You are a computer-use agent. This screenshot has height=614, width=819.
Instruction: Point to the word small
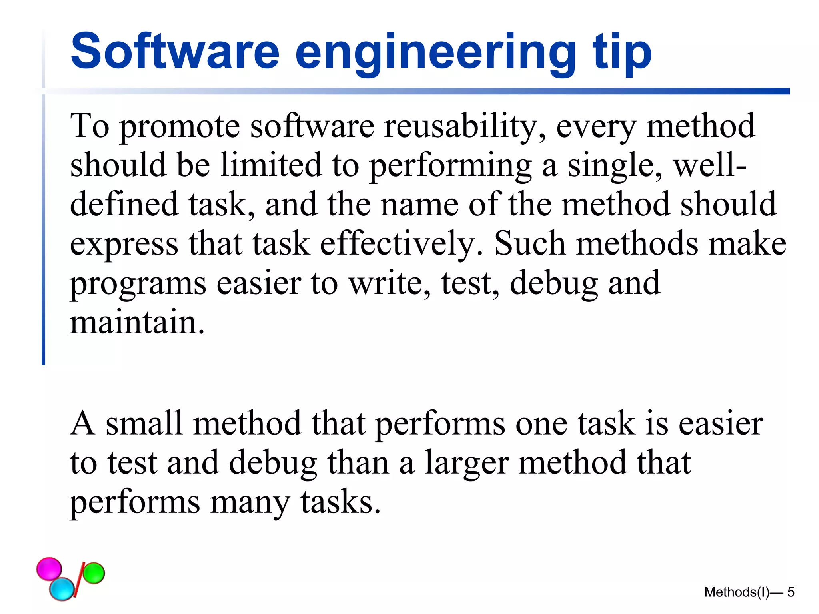144,423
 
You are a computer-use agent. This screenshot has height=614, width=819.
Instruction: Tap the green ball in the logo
94,573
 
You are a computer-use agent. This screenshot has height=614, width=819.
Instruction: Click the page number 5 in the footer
791,592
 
